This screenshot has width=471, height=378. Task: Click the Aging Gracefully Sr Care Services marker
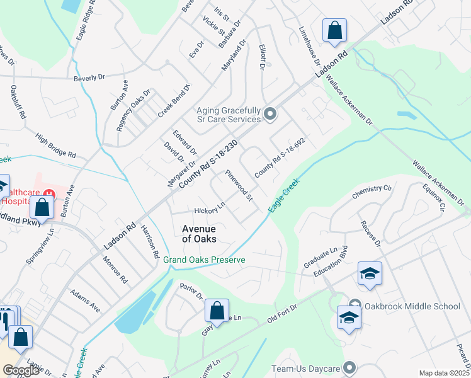tap(270, 114)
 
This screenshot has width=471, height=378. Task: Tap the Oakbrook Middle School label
tap(412, 306)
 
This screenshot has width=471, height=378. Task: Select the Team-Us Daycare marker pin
tap(350, 367)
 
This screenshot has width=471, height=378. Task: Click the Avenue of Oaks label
tap(199, 234)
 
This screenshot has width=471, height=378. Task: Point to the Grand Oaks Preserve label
tap(204, 260)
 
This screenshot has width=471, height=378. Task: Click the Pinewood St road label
tap(239, 186)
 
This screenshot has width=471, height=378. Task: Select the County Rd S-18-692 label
tap(280, 157)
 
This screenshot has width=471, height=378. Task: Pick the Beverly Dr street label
tap(89, 78)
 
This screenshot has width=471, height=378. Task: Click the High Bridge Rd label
tap(55, 146)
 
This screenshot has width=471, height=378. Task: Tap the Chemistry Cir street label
tap(372, 190)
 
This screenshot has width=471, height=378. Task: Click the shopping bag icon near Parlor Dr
tap(216, 311)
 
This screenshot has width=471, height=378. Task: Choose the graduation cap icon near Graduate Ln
tap(369, 273)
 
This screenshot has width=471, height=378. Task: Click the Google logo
tap(21, 370)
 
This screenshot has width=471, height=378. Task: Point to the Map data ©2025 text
tap(444, 373)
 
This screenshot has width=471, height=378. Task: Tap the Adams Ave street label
tap(85, 301)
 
